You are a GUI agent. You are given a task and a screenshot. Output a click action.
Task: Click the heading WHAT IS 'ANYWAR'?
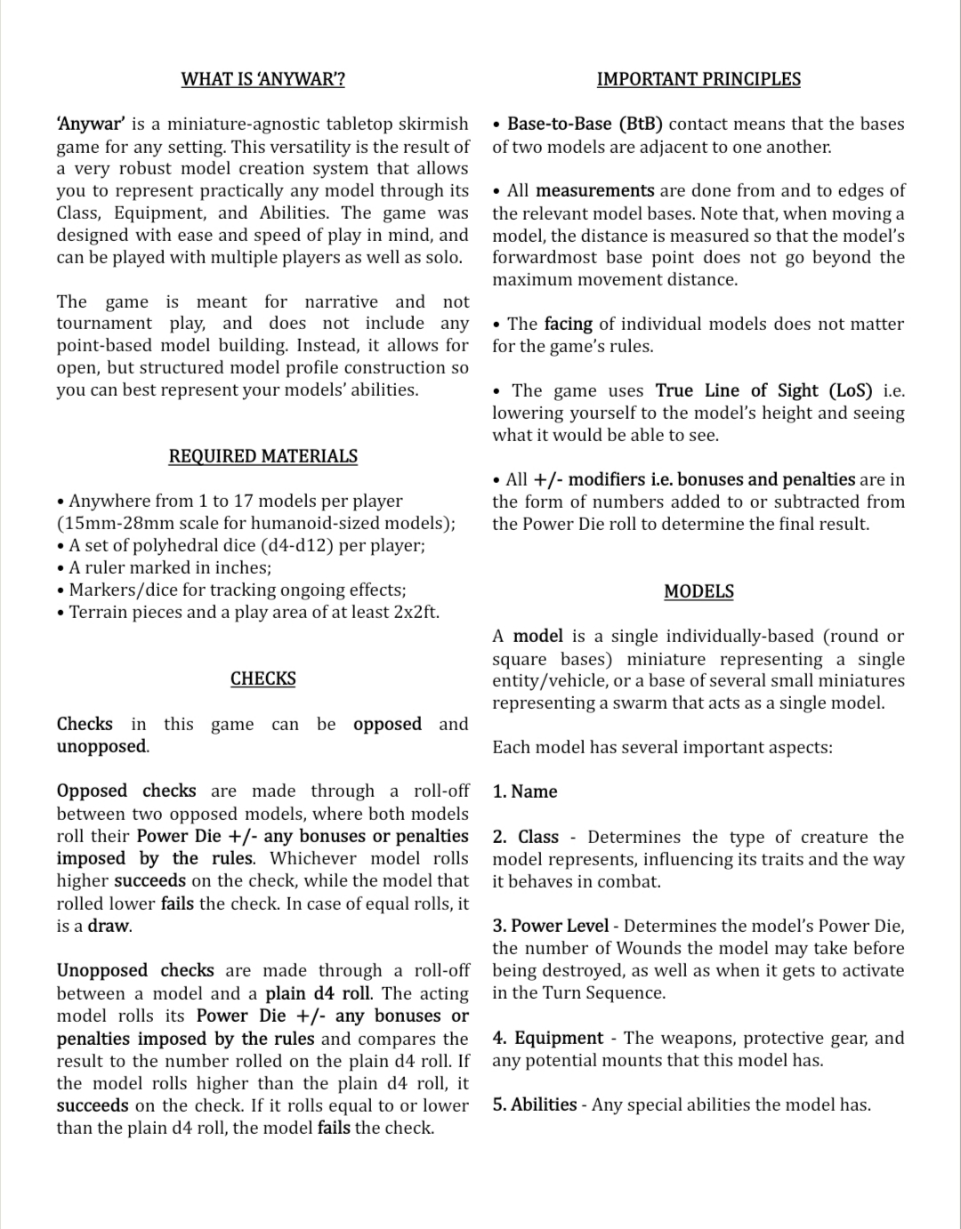pyautogui.click(x=262, y=79)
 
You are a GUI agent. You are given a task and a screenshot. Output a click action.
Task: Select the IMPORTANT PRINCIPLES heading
pyautogui.click(x=699, y=79)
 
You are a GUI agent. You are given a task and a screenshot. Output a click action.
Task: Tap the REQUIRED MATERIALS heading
pyautogui.click(x=262, y=456)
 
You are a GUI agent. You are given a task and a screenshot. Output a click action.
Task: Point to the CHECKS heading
pyautogui.click(x=262, y=679)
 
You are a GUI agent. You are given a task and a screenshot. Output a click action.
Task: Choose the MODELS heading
pyautogui.click(x=699, y=591)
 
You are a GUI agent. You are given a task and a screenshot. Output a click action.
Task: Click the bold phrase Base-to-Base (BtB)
pyautogui.click(x=585, y=125)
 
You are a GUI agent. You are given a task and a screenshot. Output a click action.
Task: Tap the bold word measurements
pyautogui.click(x=594, y=190)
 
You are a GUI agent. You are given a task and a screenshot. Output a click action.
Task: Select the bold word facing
pyautogui.click(x=569, y=324)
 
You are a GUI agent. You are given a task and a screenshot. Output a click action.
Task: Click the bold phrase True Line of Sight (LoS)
pyautogui.click(x=763, y=390)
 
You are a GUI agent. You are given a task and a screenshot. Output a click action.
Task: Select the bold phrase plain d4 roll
pyautogui.click(x=318, y=993)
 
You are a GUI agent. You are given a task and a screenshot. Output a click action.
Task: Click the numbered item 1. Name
pyautogui.click(x=525, y=791)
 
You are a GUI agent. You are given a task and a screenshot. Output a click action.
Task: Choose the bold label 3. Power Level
pyautogui.click(x=551, y=926)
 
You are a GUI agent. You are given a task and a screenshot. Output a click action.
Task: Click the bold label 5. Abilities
pyautogui.click(x=535, y=1104)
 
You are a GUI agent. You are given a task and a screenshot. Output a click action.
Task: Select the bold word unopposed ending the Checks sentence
pyautogui.click(x=101, y=746)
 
